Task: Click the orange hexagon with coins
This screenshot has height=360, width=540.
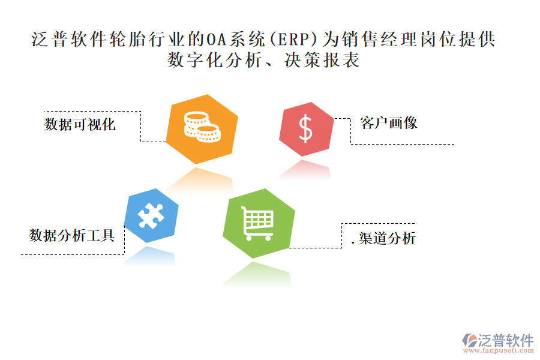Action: tap(202, 129)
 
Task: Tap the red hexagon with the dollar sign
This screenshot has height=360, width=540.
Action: tap(306, 129)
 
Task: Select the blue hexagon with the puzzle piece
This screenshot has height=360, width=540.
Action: tap(151, 215)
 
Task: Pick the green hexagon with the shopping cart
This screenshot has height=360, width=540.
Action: tap(259, 223)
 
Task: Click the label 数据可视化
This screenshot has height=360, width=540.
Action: tap(80, 124)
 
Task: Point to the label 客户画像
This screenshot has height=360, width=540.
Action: tap(388, 122)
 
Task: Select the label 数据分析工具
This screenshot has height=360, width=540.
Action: tap(71, 235)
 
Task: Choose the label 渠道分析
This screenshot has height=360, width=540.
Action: tap(387, 238)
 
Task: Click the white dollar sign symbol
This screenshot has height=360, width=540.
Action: tap(306, 129)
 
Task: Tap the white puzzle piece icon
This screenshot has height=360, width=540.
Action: tap(151, 215)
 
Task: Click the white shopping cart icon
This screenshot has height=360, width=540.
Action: tap(257, 223)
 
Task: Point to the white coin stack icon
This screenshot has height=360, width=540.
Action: tap(202, 127)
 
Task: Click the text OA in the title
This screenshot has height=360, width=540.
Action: tap(216, 40)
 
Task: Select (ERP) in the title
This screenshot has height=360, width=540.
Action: tap(293, 40)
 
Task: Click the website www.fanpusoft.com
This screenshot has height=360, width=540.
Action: tap(498, 350)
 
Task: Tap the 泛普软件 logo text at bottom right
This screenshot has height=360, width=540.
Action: tap(506, 340)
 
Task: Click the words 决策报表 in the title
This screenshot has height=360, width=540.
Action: tap(322, 60)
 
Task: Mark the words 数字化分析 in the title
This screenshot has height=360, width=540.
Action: tap(215, 60)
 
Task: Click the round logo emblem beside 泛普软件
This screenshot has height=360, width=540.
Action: tap(470, 340)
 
